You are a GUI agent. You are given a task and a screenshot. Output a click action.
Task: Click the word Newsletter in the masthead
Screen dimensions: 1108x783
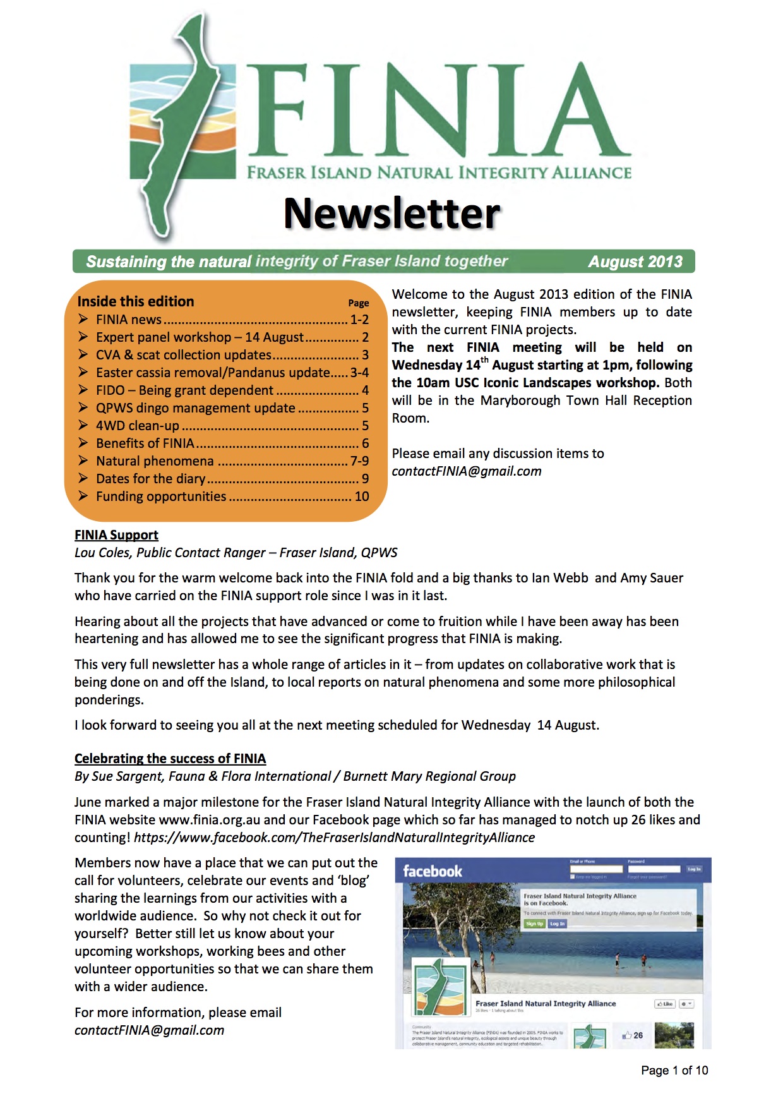[391, 214]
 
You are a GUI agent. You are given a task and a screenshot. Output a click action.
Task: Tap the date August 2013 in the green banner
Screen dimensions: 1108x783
[635, 262]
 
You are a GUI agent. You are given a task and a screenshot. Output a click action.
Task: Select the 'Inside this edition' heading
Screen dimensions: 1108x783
[136, 301]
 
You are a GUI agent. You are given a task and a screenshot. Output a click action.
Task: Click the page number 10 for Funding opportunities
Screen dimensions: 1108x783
[362, 497]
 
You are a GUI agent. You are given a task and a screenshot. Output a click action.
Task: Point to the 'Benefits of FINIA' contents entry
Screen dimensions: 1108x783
[145, 443]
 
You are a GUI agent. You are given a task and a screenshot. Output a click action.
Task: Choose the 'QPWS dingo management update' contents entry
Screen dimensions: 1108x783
[196, 408]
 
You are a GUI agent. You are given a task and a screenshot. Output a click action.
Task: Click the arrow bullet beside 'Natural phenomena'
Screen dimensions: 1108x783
[83, 461]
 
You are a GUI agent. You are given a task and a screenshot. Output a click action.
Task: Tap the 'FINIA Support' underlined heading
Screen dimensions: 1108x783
[116, 535]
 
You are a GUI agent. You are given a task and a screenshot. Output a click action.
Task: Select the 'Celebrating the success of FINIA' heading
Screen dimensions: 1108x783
[170, 759]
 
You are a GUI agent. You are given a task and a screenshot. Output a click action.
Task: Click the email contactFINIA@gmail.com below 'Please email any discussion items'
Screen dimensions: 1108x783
[467, 471]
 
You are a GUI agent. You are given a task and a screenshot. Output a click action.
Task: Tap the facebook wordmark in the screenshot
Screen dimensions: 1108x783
[433, 871]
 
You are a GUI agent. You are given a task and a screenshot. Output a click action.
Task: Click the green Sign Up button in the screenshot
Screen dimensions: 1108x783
[534, 924]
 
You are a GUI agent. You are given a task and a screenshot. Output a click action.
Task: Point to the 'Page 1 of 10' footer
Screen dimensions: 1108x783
[674, 1070]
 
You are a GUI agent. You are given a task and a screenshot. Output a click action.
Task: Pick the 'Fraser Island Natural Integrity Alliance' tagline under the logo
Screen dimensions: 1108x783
[439, 172]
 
